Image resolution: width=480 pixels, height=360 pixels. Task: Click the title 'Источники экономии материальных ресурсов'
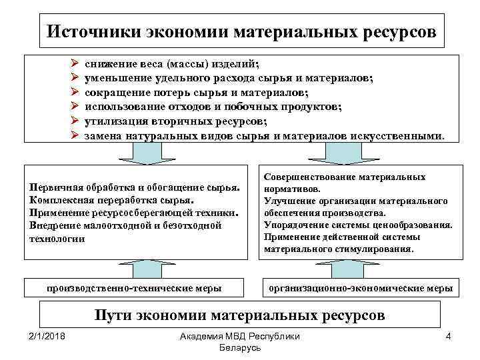tap(243, 31)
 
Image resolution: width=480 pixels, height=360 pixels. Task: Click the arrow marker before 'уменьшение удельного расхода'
tap(75, 79)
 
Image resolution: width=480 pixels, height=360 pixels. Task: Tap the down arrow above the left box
tap(137, 153)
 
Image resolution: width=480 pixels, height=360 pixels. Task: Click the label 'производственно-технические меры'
tap(134, 288)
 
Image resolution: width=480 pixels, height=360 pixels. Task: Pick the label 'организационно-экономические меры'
tap(359, 288)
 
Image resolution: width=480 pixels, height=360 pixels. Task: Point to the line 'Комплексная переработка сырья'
tap(112, 199)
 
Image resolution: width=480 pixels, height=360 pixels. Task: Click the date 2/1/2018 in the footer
tap(46, 336)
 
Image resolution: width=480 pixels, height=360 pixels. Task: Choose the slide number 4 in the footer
tap(449, 336)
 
